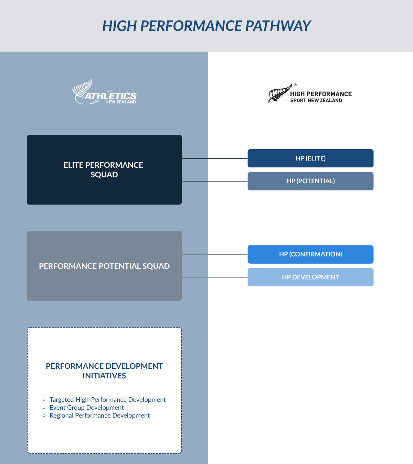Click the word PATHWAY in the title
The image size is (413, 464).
click(x=278, y=26)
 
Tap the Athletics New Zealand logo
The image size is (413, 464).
click(x=104, y=91)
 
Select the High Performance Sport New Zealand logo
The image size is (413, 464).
click(x=310, y=93)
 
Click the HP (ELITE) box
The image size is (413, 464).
click(x=310, y=158)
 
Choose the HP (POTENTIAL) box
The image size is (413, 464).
click(x=310, y=181)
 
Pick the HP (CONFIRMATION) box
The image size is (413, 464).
click(x=310, y=254)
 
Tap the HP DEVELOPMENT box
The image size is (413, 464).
click(x=310, y=277)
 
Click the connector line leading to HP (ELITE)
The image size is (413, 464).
click(x=215, y=158)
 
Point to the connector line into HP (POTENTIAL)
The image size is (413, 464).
click(x=215, y=181)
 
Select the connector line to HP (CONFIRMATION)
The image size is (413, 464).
click(x=215, y=254)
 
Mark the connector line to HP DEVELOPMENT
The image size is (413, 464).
click(x=215, y=277)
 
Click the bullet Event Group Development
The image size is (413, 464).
click(x=87, y=408)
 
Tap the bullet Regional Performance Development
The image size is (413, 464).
click(x=100, y=416)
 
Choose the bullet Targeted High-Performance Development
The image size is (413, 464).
click(x=107, y=400)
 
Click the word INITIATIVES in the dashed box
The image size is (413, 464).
click(x=104, y=376)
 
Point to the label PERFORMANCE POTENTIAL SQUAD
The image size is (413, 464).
click(x=104, y=266)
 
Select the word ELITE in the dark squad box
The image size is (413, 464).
click(x=73, y=165)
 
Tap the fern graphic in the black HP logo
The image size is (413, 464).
click(x=280, y=93)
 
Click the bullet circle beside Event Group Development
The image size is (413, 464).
click(x=44, y=408)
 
